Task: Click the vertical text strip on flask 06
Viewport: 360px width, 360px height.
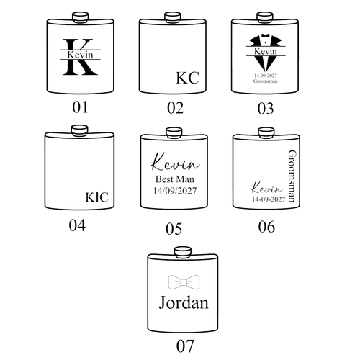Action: [x=290, y=176]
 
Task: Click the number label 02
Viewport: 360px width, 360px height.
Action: [x=174, y=109]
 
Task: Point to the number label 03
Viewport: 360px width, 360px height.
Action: [x=266, y=109]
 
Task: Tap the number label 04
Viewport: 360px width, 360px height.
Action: [x=76, y=227]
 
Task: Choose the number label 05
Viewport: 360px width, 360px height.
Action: [x=174, y=229]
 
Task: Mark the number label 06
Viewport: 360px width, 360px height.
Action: [x=266, y=227]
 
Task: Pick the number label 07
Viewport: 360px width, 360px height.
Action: [x=184, y=346]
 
